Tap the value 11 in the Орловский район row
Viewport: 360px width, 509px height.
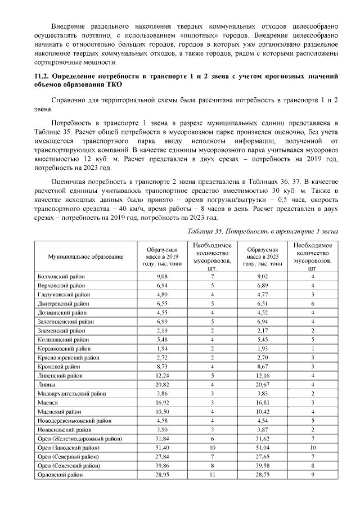point(212,475)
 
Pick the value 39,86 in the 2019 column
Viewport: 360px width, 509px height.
point(161,466)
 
